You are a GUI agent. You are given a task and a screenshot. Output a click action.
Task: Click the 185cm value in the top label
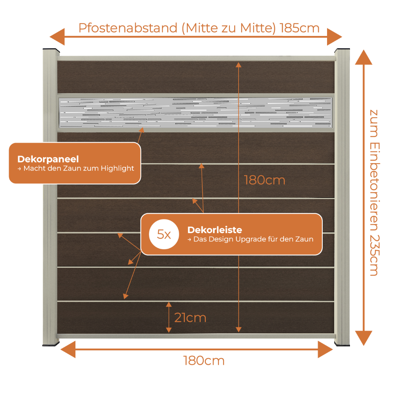tap(299, 28)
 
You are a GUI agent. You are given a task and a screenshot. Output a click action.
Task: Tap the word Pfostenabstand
tap(128, 28)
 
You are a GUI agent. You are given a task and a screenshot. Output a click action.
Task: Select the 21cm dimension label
tap(190, 318)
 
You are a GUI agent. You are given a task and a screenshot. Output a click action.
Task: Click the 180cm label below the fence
tap(204, 361)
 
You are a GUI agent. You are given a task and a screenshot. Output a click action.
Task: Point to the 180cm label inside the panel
tap(265, 181)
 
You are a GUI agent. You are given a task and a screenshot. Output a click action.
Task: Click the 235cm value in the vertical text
tap(374, 256)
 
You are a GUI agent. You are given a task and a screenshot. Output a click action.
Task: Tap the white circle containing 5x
tap(164, 234)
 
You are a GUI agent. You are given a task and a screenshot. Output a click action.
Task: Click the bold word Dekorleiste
tap(214, 230)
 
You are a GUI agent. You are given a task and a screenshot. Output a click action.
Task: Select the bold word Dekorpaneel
tap(48, 159)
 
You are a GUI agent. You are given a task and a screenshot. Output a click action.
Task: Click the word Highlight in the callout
tap(117, 168)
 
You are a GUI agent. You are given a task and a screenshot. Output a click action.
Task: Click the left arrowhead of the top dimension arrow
tap(57, 37)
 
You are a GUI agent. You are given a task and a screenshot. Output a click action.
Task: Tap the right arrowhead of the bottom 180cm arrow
tap(325, 350)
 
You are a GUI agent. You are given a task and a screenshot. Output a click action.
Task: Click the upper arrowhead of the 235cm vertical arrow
tap(363, 57)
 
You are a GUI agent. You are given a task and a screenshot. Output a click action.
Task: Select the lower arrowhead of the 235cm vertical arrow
tap(363, 338)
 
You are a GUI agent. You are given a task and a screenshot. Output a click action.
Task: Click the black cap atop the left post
tap(51, 50)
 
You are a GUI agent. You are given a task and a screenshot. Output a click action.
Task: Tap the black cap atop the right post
tap(342, 50)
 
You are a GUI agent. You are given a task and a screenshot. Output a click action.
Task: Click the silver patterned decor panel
tap(196, 112)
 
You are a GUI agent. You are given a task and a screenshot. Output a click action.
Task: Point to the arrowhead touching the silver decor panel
tap(142, 130)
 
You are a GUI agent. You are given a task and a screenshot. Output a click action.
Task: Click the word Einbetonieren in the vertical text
tap(374, 186)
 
